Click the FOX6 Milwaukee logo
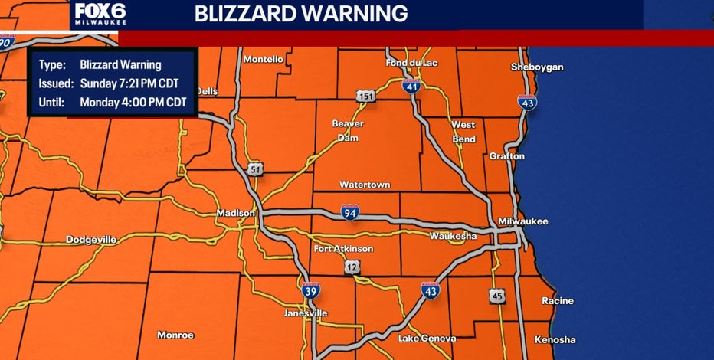100,15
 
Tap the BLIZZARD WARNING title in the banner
300,14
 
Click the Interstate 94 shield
349,213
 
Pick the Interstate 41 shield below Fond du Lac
411,87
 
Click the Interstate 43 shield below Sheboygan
527,101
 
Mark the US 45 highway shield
496,296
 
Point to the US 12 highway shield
353,267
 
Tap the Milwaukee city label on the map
523,221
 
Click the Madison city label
230,214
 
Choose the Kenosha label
556,339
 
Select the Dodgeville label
91,240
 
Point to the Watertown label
363,185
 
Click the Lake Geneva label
427,338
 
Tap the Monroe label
175,335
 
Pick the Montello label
263,59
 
